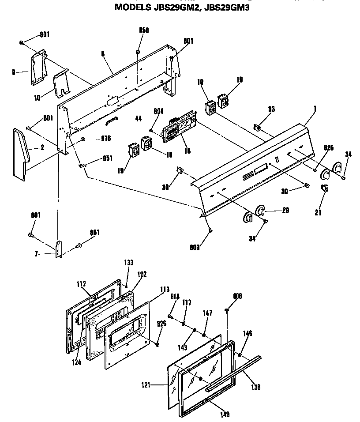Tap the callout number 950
coord(144,30)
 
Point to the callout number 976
coord(105,139)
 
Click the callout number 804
coord(158,112)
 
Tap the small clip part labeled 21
coord(324,189)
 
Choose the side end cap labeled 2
coord(21,152)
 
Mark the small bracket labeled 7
coord(59,249)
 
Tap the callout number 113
coord(152,290)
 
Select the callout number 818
coord(175,297)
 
